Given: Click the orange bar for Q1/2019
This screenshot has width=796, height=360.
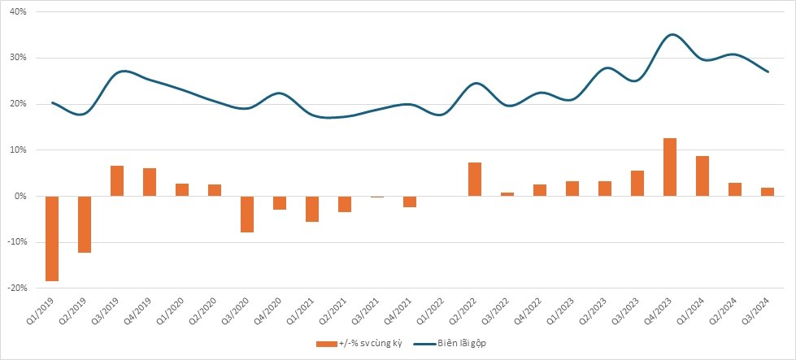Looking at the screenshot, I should coord(52,238).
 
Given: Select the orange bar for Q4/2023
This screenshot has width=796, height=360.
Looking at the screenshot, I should coord(670,167).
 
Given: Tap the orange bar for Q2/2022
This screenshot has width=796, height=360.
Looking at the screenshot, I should coord(475,179).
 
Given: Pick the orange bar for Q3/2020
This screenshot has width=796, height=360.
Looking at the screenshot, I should coord(247,214).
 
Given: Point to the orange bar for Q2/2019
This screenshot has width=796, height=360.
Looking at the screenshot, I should coord(85,224).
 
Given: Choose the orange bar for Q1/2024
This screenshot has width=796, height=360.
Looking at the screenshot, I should coord(702,176).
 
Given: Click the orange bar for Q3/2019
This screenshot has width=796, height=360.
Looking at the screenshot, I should coord(117,180).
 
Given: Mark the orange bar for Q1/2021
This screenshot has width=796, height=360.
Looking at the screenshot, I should coord(312,209).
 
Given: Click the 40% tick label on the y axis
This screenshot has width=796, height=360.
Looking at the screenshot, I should coord(17,12).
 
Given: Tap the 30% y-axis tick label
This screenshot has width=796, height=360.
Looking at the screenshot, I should coord(17,58).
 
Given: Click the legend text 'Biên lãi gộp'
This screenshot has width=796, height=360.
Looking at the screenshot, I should coord(462,342).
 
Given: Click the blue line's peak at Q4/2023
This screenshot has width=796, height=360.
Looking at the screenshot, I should coord(671,35).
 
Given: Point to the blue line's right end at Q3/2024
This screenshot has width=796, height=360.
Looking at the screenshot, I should coord(768,72).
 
